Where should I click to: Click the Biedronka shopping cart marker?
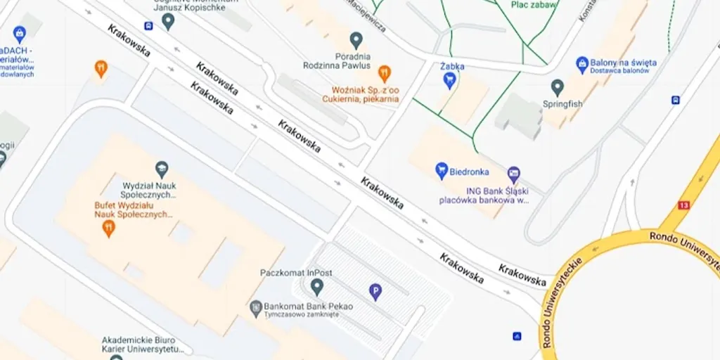tap(442, 170)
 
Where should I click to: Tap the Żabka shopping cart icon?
tap(449, 81)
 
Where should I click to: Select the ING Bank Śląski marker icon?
tap(514, 174)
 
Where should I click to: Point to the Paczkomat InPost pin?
tap(317, 286)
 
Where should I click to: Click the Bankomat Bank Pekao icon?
tap(256, 307)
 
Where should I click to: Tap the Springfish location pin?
tap(558, 88)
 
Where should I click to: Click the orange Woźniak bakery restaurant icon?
tap(384, 72)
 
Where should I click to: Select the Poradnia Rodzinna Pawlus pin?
tap(356, 40)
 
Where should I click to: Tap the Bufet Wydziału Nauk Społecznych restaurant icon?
tap(108, 228)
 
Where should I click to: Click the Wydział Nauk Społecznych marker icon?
tap(162, 169)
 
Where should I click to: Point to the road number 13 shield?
tap(683, 205)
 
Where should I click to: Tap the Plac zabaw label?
tap(534, 4)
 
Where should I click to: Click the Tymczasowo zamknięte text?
tap(302, 314)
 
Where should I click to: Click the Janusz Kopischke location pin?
tap(167, 21)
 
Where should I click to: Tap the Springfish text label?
tap(562, 104)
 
